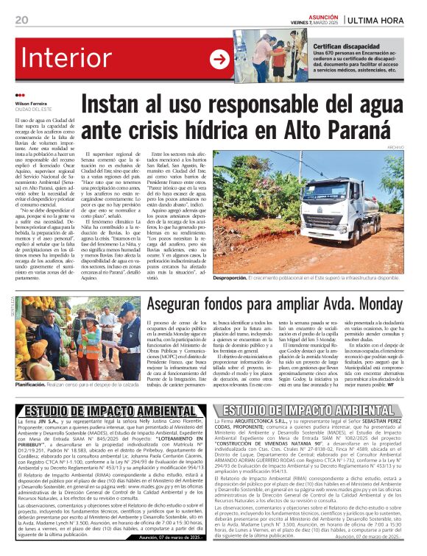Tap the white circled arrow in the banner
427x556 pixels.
219,60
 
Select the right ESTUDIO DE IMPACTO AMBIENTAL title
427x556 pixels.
317,410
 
